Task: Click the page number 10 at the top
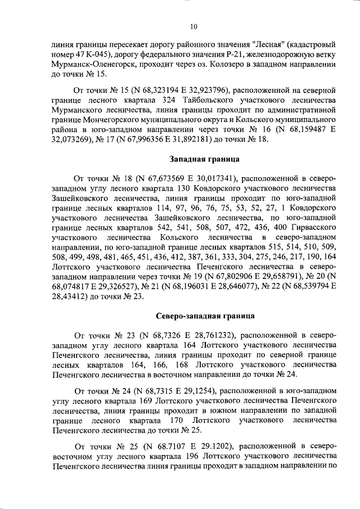point(193,26)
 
